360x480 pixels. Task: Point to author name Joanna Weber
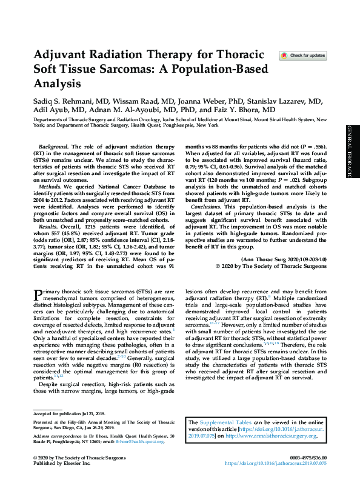tap(195, 98)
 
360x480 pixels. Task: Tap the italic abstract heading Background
tap(53, 147)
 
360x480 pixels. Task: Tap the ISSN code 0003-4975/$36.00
tap(308, 456)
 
